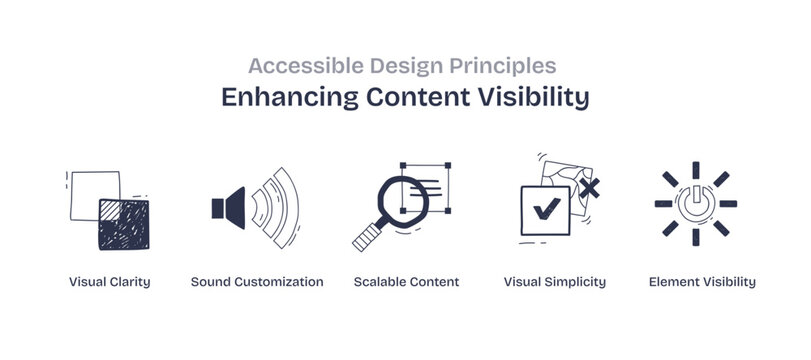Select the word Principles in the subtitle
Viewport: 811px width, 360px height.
tap(512, 66)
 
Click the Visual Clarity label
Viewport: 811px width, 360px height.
tap(110, 282)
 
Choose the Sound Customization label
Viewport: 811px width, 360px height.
tap(257, 282)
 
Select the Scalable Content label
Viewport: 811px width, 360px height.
tap(406, 282)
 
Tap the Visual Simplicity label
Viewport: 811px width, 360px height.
tap(555, 282)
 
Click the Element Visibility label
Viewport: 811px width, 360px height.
tap(702, 282)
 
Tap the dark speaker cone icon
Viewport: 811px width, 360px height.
tap(230, 207)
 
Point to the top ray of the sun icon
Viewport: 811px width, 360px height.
tap(695, 169)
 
